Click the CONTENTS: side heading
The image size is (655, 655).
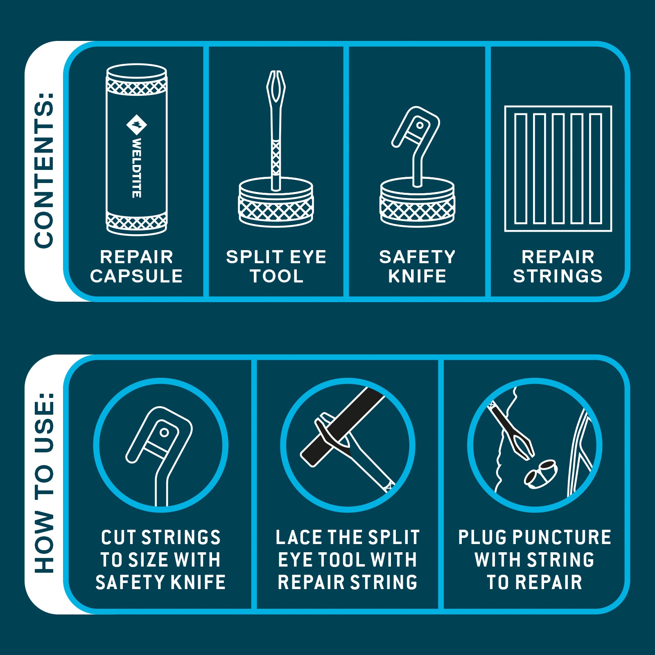coord(44,170)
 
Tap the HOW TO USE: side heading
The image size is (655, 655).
coord(44,483)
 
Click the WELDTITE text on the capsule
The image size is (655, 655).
coord(137,168)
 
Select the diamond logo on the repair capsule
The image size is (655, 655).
coord(137,124)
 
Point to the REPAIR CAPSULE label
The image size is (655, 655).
coord(136,267)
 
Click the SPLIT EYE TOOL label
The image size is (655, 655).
coord(276,267)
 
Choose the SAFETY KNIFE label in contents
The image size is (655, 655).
coord(417,267)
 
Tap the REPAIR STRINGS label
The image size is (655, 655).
coord(558,267)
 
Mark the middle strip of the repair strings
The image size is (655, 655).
coord(558,169)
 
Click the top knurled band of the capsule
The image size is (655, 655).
coord(137,86)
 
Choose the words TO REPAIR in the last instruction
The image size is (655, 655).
coord(535,582)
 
